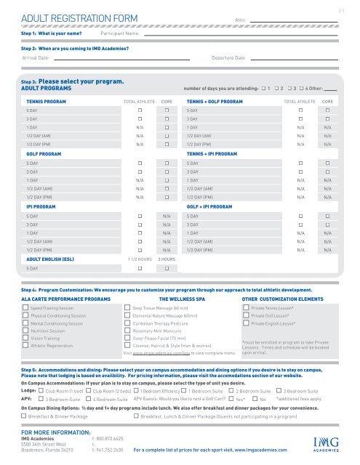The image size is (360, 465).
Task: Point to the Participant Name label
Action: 120,34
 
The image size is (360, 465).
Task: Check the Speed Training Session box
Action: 26,309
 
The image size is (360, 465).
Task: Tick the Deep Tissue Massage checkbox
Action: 128,309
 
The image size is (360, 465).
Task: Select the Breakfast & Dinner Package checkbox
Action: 24,416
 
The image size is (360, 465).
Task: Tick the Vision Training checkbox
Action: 26,338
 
